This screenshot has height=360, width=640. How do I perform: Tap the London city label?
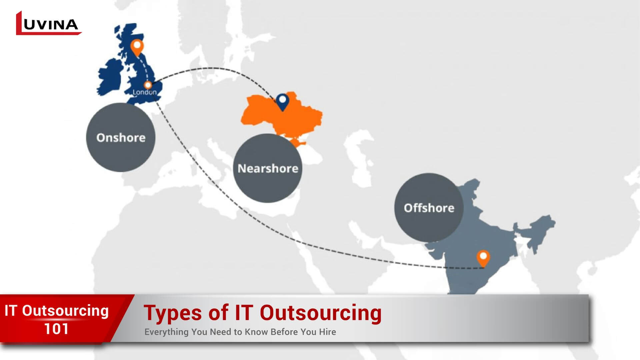tap(144, 92)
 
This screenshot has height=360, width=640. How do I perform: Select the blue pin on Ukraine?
tap(282, 101)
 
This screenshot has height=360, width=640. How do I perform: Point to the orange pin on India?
tap(483, 258)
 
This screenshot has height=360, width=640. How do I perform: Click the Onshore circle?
tap(121, 137)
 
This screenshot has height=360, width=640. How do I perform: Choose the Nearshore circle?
tap(268, 168)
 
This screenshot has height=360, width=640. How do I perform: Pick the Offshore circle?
tap(429, 208)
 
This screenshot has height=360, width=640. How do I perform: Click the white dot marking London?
tap(148, 85)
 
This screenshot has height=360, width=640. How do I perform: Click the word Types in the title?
tap(173, 313)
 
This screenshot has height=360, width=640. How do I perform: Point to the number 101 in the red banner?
tap(56, 329)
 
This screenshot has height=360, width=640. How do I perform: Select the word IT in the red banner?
tap(10, 311)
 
